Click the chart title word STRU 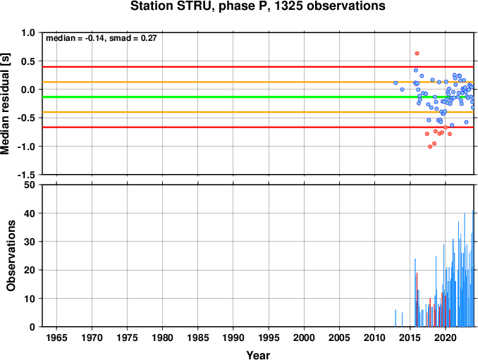[x=196, y=6]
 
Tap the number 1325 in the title [x=289, y=6]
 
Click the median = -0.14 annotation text [x=75, y=38]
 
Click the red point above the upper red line [x=417, y=54]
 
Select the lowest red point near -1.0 [x=430, y=147]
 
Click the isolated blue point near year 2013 [x=396, y=83]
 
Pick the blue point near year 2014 [x=402, y=89]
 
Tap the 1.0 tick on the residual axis [x=28, y=32]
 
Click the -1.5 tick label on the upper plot [x=26, y=175]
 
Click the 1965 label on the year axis [x=56, y=337]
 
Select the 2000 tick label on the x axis [x=304, y=337]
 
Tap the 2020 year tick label [x=446, y=337]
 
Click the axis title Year [x=258, y=355]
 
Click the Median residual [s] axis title [x=5, y=104]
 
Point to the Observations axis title [x=11, y=256]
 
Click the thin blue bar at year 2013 [x=396, y=318]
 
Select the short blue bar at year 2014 [x=402, y=320]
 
